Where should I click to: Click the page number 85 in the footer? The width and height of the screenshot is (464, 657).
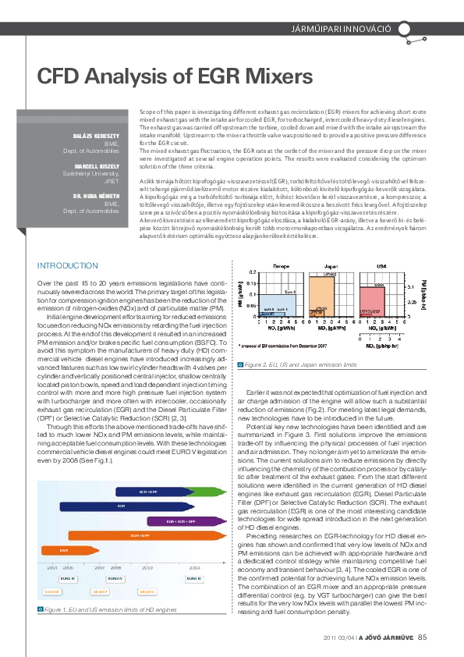tap(422, 636)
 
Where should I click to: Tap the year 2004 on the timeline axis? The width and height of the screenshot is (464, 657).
tap(52, 568)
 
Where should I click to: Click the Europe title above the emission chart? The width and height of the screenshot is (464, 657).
tap(260, 267)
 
